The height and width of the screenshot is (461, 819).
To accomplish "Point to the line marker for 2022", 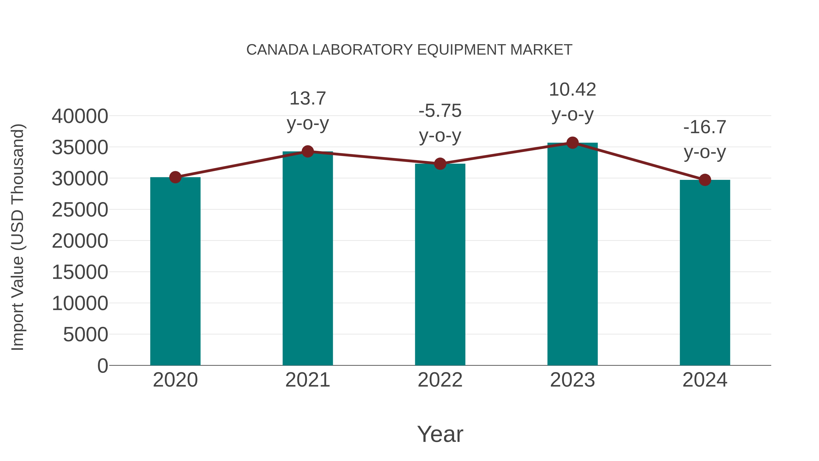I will [440, 164].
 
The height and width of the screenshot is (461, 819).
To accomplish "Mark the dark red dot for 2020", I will [175, 177].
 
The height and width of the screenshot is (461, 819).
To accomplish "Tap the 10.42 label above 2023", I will [572, 89].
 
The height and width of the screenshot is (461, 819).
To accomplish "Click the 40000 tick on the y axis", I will [80, 116].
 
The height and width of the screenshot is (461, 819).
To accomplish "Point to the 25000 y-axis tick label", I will [80, 210].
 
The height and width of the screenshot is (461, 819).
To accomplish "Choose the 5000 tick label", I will [86, 335].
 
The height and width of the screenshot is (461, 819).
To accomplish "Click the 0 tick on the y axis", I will [103, 366].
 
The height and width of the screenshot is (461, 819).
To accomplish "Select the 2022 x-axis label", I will [440, 380].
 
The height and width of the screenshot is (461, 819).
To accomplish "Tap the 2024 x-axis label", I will [705, 380].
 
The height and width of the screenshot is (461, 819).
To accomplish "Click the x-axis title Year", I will [440, 434].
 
